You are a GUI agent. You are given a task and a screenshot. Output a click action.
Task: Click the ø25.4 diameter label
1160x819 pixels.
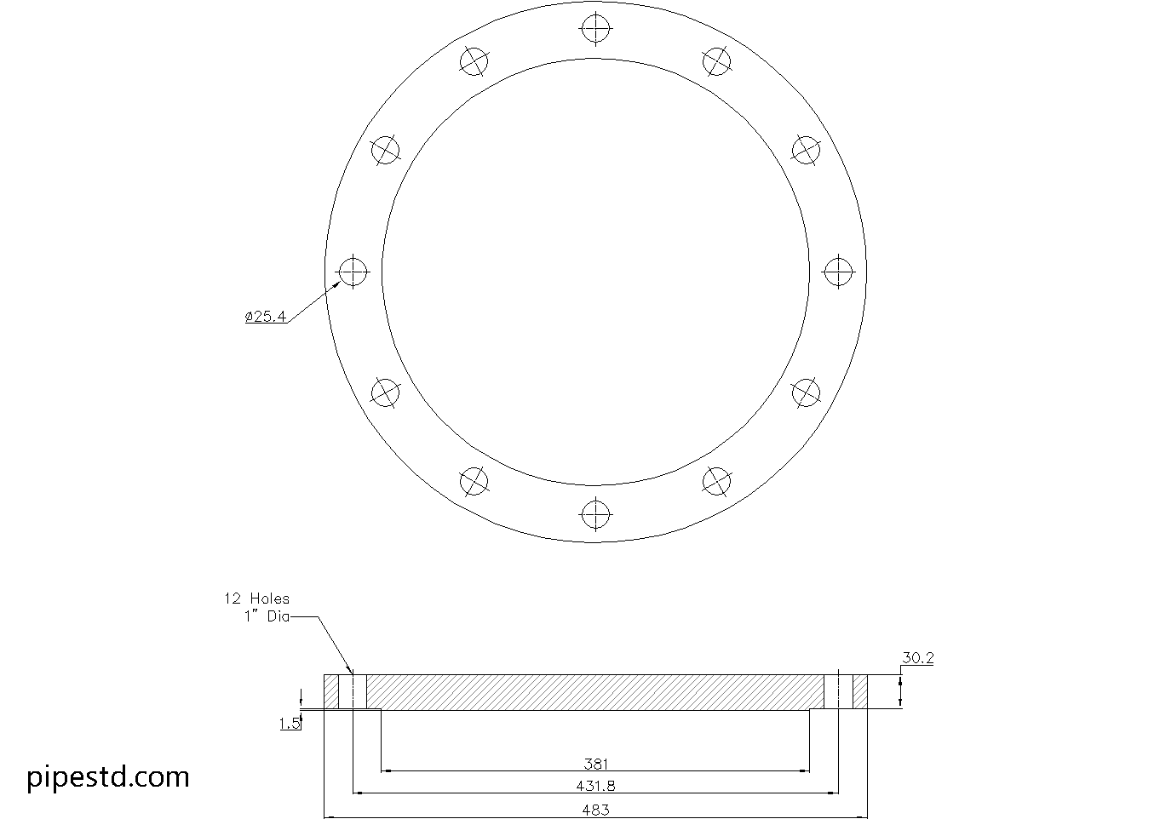click(266, 317)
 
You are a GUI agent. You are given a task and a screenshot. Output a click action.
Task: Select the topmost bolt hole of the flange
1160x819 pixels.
click(595, 29)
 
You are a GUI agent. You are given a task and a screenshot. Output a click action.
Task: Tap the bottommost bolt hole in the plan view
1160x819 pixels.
click(595, 513)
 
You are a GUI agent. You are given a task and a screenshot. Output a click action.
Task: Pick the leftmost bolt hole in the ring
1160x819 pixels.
click(353, 272)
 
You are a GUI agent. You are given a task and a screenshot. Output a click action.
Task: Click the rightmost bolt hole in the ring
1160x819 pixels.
click(838, 272)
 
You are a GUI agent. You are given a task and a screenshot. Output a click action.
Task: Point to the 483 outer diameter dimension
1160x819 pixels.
click(595, 810)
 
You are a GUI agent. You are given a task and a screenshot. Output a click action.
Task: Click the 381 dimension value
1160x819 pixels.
click(595, 764)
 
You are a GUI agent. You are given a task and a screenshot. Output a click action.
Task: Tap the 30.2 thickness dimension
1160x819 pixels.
click(917, 657)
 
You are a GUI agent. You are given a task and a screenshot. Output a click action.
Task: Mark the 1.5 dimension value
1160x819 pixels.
click(290, 724)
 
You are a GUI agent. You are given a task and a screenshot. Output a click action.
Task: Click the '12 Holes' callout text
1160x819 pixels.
click(256, 598)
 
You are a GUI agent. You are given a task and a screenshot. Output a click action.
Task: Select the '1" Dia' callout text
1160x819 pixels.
click(267, 616)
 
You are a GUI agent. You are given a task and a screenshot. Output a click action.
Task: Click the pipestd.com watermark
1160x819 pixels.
click(108, 776)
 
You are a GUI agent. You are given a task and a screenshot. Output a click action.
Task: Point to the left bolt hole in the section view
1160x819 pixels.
click(353, 691)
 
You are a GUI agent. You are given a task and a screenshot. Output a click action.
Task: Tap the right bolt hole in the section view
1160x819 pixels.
click(838, 691)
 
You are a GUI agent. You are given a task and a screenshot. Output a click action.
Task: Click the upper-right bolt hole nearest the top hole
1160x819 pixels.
click(716, 61)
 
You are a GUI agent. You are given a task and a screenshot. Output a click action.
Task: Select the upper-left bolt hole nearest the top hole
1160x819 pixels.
click(474, 61)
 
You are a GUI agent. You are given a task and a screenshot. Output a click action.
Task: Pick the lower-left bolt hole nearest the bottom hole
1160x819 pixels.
click(474, 481)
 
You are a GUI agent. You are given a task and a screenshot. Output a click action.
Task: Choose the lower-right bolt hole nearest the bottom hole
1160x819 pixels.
click(716, 481)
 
